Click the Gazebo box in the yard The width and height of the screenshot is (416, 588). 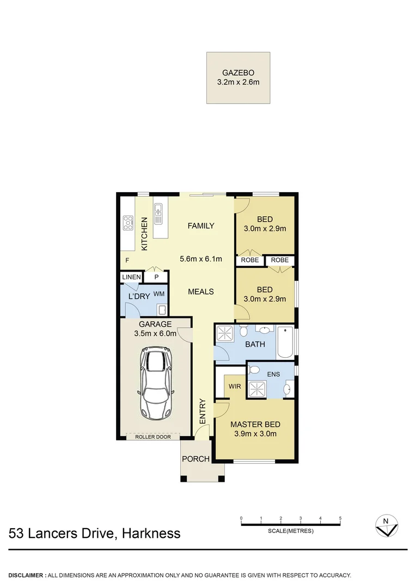(x=238, y=78)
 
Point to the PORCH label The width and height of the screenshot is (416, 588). (x=195, y=459)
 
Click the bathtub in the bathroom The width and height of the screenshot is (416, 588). (x=285, y=342)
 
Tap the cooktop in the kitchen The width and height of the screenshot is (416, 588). (x=129, y=221)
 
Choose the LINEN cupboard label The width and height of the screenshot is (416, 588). (x=131, y=277)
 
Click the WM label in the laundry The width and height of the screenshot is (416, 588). (x=159, y=294)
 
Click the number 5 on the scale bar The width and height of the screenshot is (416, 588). (x=340, y=518)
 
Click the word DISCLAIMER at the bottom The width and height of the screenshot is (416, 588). (x=26, y=575)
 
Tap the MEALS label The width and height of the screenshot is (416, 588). (x=201, y=291)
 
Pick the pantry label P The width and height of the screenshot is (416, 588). (x=156, y=277)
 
